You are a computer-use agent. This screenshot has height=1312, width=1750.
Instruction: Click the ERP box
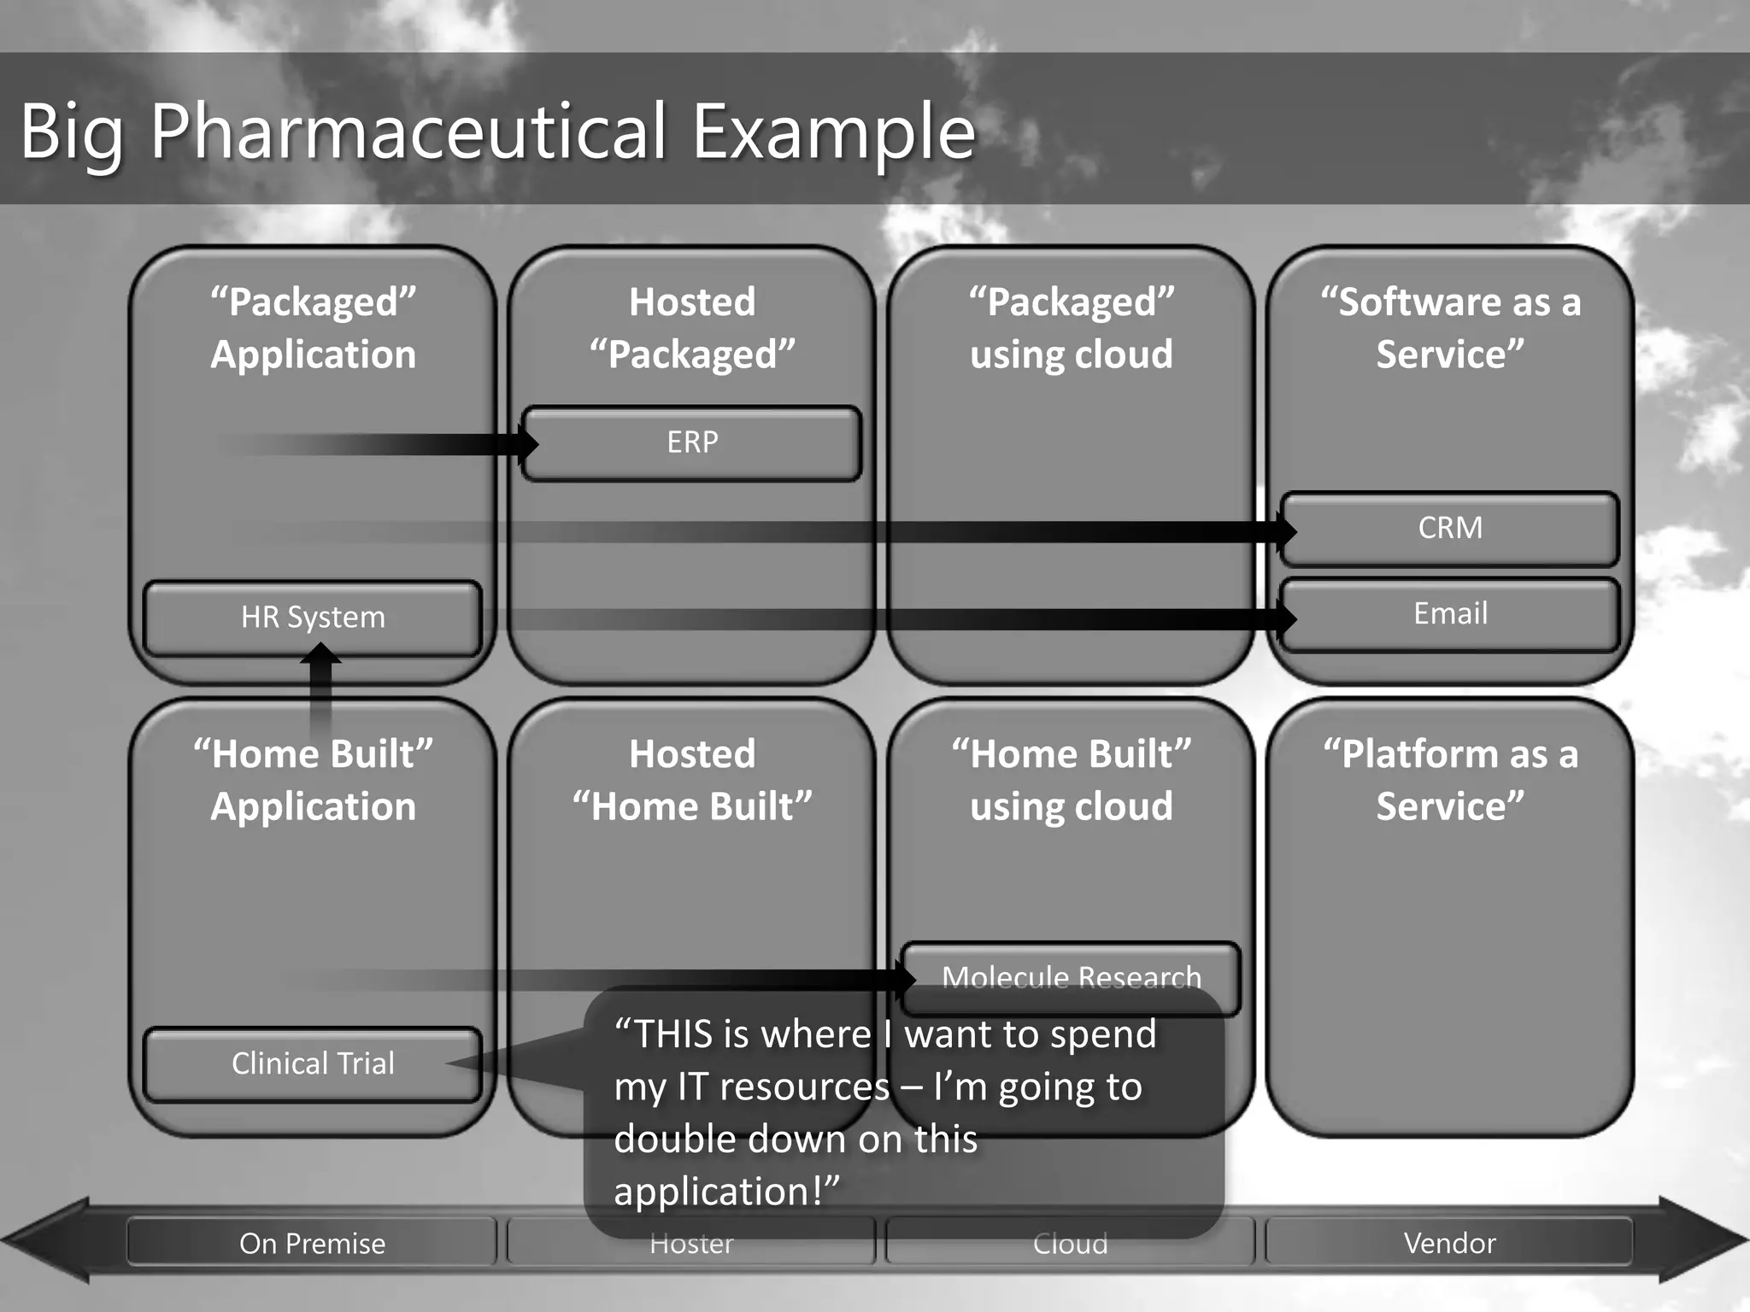(692, 442)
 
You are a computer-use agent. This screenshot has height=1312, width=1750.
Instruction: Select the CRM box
(1450, 528)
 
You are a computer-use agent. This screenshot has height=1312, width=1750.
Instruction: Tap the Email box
(1450, 613)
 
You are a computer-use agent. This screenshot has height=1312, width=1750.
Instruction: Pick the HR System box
(313, 618)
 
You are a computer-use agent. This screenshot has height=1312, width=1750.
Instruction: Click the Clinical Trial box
(313, 1063)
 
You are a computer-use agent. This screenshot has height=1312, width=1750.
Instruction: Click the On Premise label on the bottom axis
(312, 1243)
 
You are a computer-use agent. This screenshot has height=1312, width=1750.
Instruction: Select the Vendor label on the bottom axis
(1449, 1243)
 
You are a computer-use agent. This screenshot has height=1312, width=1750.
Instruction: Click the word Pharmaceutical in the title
(408, 132)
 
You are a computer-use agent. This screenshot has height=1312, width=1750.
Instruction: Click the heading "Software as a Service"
(1450, 328)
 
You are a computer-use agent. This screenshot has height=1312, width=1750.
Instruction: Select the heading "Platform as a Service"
(1450, 780)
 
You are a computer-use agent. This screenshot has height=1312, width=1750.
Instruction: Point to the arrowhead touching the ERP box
(526, 443)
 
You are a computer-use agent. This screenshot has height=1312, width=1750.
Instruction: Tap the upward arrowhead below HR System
(320, 654)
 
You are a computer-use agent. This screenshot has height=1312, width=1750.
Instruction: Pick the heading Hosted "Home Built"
(692, 780)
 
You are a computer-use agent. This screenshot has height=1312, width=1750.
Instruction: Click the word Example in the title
(833, 132)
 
